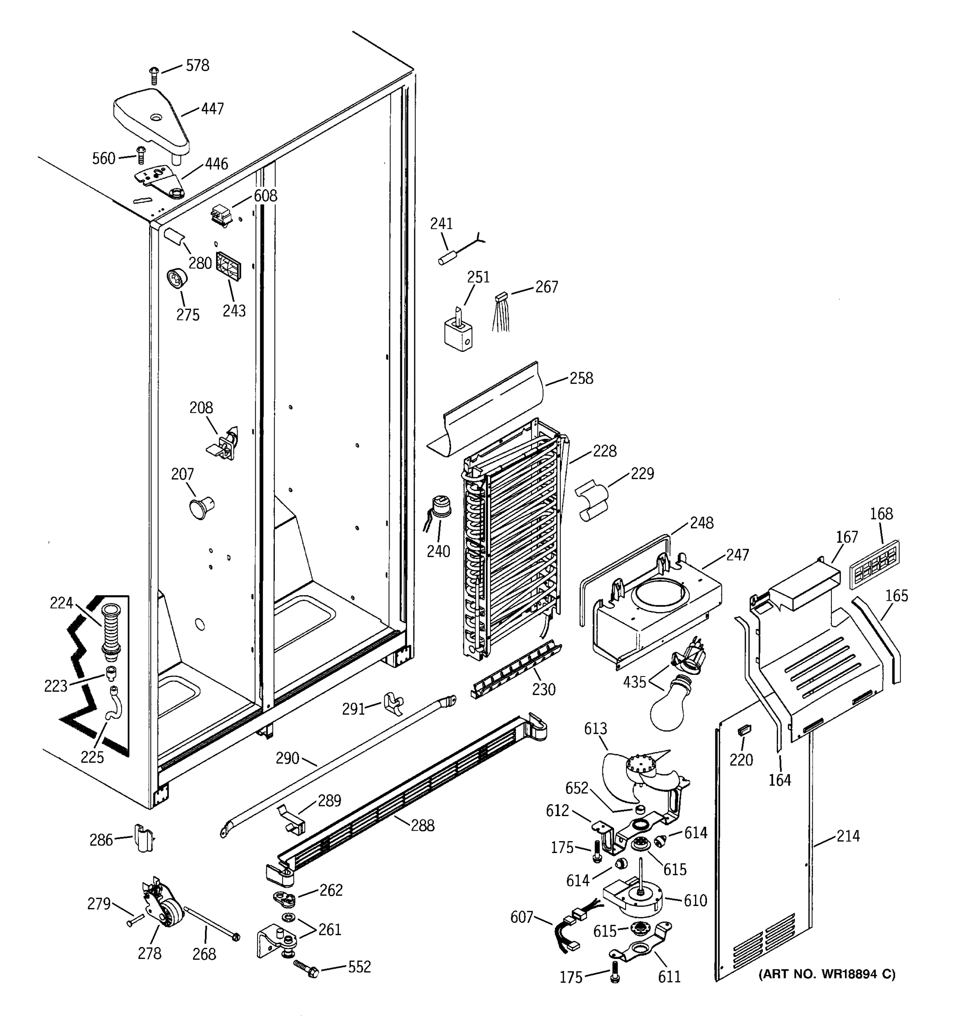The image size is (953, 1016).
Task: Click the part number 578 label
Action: [197, 66]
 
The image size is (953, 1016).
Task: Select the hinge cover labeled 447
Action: [151, 121]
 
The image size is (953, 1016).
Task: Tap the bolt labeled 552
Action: [307, 969]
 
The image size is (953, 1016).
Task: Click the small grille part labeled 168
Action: [874, 563]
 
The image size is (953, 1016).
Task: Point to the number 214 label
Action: [848, 836]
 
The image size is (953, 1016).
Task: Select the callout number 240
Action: [438, 552]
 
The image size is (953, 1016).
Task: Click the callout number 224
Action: [61, 603]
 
